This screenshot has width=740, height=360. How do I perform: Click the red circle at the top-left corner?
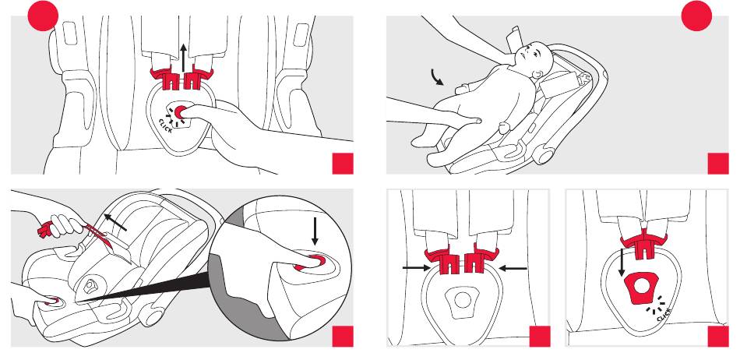(x=43, y=16)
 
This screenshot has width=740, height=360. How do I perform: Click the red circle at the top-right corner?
(x=696, y=16)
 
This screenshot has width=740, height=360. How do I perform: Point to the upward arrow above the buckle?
(x=184, y=57)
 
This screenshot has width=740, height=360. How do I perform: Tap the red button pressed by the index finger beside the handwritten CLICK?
(x=179, y=112)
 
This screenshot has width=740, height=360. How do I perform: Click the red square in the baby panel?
(x=718, y=164)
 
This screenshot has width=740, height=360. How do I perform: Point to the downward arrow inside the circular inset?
(x=315, y=234)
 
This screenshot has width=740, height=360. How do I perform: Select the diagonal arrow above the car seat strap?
(x=115, y=222)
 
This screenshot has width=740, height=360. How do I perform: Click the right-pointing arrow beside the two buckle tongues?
(x=416, y=268)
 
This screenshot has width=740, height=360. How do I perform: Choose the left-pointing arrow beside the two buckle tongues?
(x=513, y=268)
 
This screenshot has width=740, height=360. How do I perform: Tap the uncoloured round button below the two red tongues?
(x=463, y=299)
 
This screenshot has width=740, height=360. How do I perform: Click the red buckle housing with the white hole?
(x=642, y=288)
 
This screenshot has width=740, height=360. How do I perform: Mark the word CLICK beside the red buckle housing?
(x=664, y=315)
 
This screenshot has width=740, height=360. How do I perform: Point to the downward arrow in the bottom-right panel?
(x=621, y=263)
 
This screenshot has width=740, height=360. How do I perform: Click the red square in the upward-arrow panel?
(x=343, y=164)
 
